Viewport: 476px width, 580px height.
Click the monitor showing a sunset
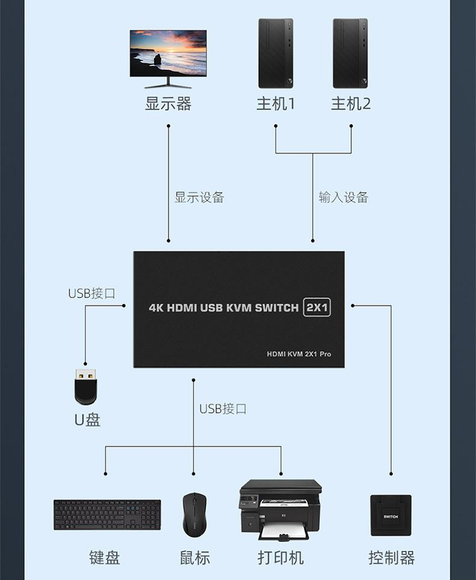[168, 53]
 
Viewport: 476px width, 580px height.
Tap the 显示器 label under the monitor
[168, 104]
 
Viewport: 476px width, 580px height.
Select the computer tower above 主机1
[275, 53]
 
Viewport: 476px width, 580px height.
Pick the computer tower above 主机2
[350, 53]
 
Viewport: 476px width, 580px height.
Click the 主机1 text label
[275, 104]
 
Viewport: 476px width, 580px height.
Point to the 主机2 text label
[351, 104]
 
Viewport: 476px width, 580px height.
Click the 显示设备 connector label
[199, 197]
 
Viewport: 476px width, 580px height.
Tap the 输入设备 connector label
[343, 197]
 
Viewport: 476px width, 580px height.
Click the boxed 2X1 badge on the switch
[317, 307]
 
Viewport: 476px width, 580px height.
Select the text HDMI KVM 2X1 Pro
[299, 354]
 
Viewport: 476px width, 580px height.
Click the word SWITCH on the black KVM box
[277, 308]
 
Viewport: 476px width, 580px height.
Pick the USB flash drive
[86, 387]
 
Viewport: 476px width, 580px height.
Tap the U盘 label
[87, 419]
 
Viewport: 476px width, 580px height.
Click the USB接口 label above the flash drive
[92, 293]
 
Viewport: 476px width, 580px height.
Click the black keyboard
[107, 515]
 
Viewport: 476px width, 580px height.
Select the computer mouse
[194, 514]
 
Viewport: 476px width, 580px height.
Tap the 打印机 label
[280, 558]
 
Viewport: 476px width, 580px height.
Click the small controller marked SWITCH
[391, 515]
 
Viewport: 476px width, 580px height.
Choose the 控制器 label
[392, 558]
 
